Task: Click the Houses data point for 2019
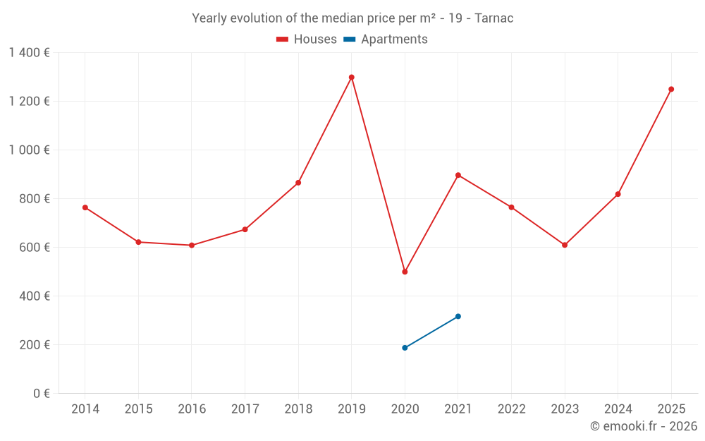(351, 78)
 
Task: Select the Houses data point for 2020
(405, 272)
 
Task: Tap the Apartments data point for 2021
(458, 316)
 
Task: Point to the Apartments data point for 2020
(405, 348)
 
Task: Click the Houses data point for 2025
(671, 89)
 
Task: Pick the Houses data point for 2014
(85, 207)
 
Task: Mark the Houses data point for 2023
(565, 245)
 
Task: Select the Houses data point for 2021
(458, 175)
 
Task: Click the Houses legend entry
(307, 40)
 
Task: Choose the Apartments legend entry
(386, 40)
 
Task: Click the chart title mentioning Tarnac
(352, 18)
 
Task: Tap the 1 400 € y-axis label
(29, 53)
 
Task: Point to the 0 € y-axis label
(39, 394)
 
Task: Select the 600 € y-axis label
(35, 248)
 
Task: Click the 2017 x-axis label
(245, 409)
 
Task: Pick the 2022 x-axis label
(511, 409)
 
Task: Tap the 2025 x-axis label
(671, 409)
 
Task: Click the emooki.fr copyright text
(643, 426)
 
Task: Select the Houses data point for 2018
(298, 183)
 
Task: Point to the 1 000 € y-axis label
(29, 150)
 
